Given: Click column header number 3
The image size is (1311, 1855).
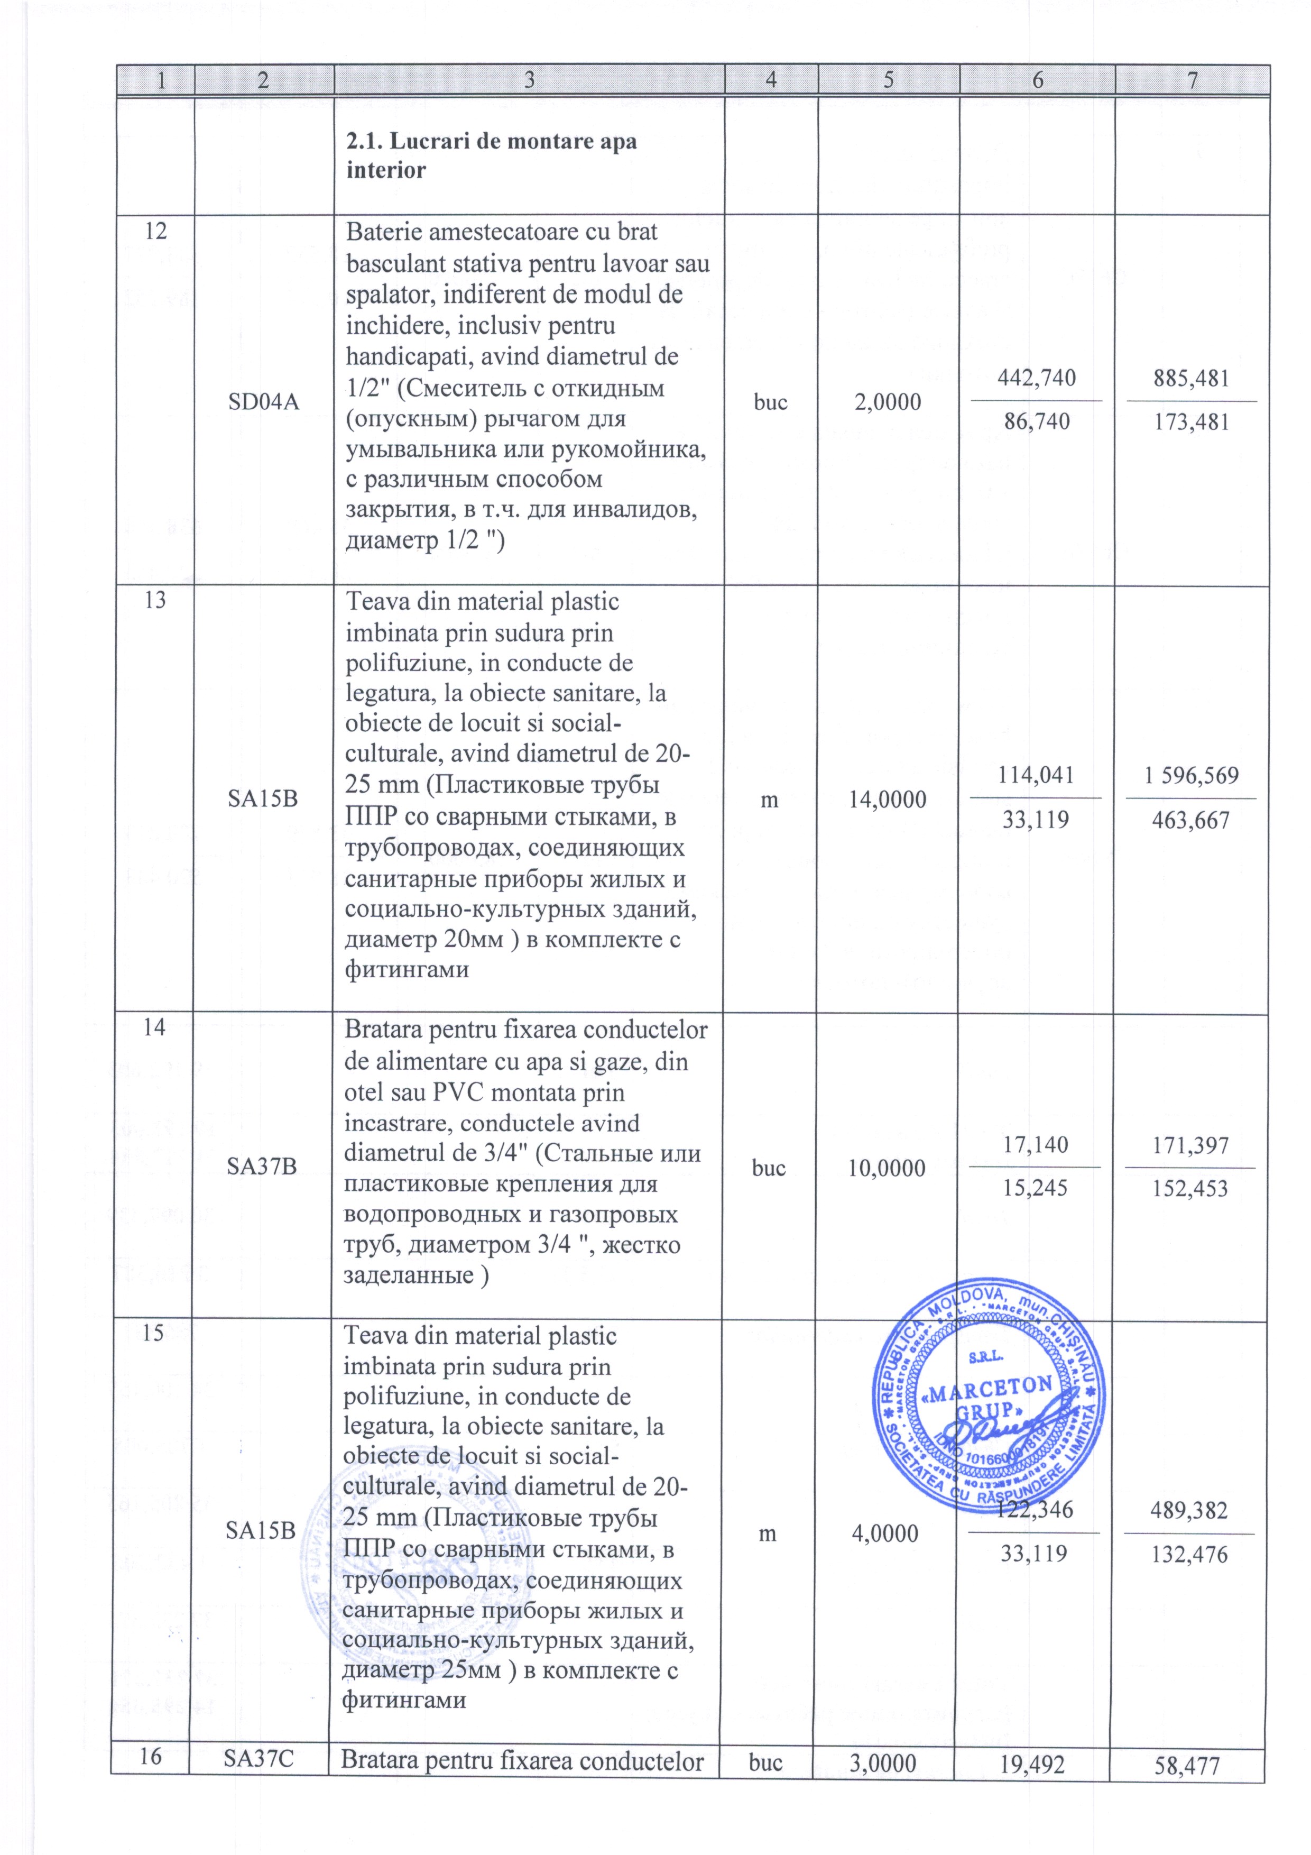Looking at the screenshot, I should [529, 80].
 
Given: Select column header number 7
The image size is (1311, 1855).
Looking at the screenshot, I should [1192, 80].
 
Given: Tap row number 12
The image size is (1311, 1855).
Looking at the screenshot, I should [156, 231].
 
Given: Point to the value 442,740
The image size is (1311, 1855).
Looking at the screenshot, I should [1036, 378].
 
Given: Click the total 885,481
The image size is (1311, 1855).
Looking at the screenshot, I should [1192, 378].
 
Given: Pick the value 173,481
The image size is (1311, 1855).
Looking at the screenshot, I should [1192, 421].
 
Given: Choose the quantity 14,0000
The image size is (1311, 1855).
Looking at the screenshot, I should [887, 800].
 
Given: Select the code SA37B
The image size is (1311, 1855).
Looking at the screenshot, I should [262, 1168].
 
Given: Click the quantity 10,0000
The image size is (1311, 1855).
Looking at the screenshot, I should [887, 1168].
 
